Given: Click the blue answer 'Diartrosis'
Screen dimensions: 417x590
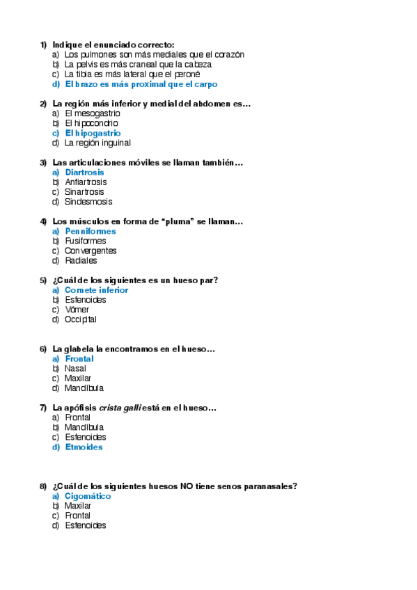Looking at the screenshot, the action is pyautogui.click(x=84, y=173).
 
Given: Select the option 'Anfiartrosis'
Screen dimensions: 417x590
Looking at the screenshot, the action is pyautogui.click(x=86, y=182).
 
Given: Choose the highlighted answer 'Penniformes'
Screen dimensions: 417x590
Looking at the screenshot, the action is pyautogui.click(x=90, y=231).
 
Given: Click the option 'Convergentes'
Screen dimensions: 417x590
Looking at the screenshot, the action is pyautogui.click(x=91, y=250).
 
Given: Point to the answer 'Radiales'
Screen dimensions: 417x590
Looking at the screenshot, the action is pyautogui.click(x=81, y=261).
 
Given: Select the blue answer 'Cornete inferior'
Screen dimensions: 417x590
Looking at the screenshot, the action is pyautogui.click(x=96, y=290).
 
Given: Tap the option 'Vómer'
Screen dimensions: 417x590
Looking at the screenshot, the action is pyautogui.click(x=77, y=310).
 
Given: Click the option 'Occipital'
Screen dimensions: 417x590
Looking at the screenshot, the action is pyautogui.click(x=81, y=319).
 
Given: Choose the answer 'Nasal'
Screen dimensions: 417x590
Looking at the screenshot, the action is pyautogui.click(x=75, y=369).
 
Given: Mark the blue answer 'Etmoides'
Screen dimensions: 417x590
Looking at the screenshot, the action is pyautogui.click(x=84, y=447).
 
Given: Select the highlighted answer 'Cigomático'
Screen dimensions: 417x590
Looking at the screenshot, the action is pyautogui.click(x=88, y=497).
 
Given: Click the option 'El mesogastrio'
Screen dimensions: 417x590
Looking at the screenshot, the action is pyautogui.click(x=93, y=113).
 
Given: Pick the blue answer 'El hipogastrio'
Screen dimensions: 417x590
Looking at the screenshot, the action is pyautogui.click(x=93, y=133).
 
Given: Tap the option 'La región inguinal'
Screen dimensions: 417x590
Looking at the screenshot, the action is pyautogui.click(x=97, y=143).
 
